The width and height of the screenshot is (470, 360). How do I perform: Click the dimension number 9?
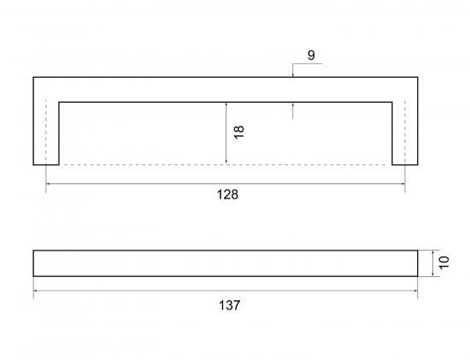311,56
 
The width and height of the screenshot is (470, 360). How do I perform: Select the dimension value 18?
239,132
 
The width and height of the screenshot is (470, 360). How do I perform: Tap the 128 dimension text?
227,194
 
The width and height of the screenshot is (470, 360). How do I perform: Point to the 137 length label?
229,305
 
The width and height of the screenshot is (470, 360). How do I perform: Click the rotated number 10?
444,263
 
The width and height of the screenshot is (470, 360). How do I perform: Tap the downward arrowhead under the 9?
292,74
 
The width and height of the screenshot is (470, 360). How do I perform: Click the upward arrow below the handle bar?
293,110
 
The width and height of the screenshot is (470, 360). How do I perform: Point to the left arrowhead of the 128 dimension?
49,183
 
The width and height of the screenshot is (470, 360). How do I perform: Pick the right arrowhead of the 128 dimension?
402,183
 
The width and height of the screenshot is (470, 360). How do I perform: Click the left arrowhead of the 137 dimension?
36,291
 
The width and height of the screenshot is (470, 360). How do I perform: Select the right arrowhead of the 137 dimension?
414,291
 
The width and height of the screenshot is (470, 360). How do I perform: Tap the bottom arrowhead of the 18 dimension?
226,162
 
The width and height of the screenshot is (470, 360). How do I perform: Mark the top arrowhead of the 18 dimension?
226,106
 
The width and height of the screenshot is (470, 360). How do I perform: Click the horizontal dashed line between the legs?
226,165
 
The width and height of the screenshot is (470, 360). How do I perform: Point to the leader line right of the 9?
308,63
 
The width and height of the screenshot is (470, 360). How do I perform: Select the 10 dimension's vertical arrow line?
433,263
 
